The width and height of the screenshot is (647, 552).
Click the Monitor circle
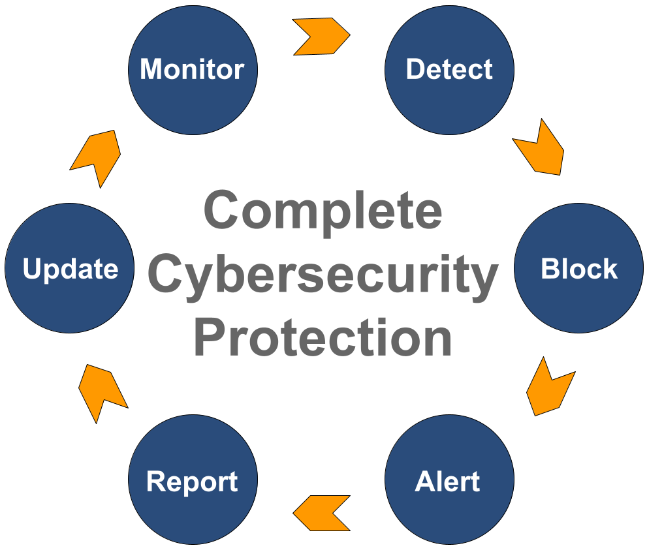193,70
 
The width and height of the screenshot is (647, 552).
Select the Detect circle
449,70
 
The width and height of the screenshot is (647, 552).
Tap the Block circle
578,269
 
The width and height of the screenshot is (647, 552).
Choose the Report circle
193,480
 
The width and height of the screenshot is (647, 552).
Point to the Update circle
70,269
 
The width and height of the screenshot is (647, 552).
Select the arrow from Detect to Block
539,149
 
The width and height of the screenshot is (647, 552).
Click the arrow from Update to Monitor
97,157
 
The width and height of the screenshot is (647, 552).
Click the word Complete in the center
323,211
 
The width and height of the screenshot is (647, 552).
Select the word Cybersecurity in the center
323,274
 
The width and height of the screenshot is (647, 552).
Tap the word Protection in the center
323,338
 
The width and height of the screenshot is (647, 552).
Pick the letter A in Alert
424,482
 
